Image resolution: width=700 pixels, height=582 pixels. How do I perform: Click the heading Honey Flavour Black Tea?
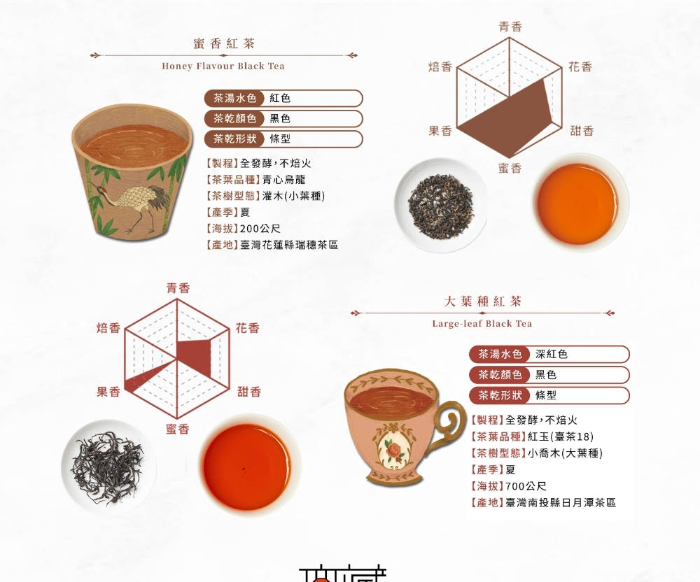pos(223,66)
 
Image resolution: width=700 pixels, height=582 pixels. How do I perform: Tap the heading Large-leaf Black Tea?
pos(482,323)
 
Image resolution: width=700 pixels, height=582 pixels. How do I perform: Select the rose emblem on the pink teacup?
pos(394,449)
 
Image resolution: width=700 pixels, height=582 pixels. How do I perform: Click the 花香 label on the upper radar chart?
pos(580,67)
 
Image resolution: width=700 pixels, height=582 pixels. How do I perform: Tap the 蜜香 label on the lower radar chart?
pos(178,429)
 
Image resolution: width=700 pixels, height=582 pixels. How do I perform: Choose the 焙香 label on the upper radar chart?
pos(440,67)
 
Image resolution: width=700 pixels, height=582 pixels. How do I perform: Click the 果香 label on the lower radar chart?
pos(108,392)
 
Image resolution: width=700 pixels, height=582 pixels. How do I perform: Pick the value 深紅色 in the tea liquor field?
pos(552,354)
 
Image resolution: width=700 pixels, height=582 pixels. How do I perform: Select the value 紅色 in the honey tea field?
pos(280,98)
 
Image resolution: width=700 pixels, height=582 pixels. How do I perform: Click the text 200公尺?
pos(260,229)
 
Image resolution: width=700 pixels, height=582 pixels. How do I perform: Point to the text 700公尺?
pos(526,486)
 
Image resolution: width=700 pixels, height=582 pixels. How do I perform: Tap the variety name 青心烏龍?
pos(284,180)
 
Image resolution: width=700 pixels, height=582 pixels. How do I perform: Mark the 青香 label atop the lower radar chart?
pos(178,288)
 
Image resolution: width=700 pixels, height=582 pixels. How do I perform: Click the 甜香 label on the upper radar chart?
pos(582,131)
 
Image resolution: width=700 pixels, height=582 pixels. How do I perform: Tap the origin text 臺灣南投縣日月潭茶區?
pos(561,503)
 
